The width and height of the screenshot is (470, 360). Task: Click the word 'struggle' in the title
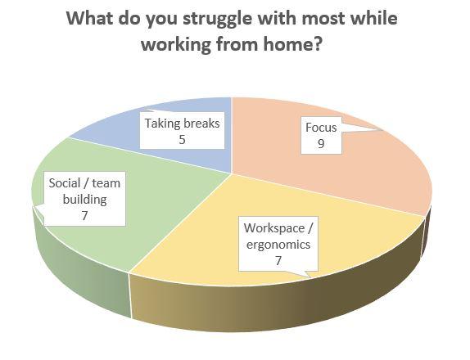tap(217, 19)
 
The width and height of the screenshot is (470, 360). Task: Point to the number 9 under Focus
tap(321, 144)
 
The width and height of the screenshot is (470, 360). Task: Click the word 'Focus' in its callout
tap(321, 128)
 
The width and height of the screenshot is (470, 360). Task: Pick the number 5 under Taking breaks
tap(183, 140)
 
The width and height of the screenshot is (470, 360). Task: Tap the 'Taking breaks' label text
tap(183, 124)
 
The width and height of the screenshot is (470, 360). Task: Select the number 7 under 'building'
tap(85, 216)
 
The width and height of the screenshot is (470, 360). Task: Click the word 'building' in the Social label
tap(85, 200)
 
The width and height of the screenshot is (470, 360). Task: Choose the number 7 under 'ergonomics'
tap(278, 261)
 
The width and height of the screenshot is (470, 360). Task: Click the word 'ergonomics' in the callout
tap(278, 245)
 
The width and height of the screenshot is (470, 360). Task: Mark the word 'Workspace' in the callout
tap(274, 228)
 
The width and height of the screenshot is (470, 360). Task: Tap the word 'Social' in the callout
tap(65, 183)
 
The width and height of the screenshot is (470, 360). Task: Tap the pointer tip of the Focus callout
tap(382, 130)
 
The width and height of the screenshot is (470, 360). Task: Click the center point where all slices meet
tap(232, 173)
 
